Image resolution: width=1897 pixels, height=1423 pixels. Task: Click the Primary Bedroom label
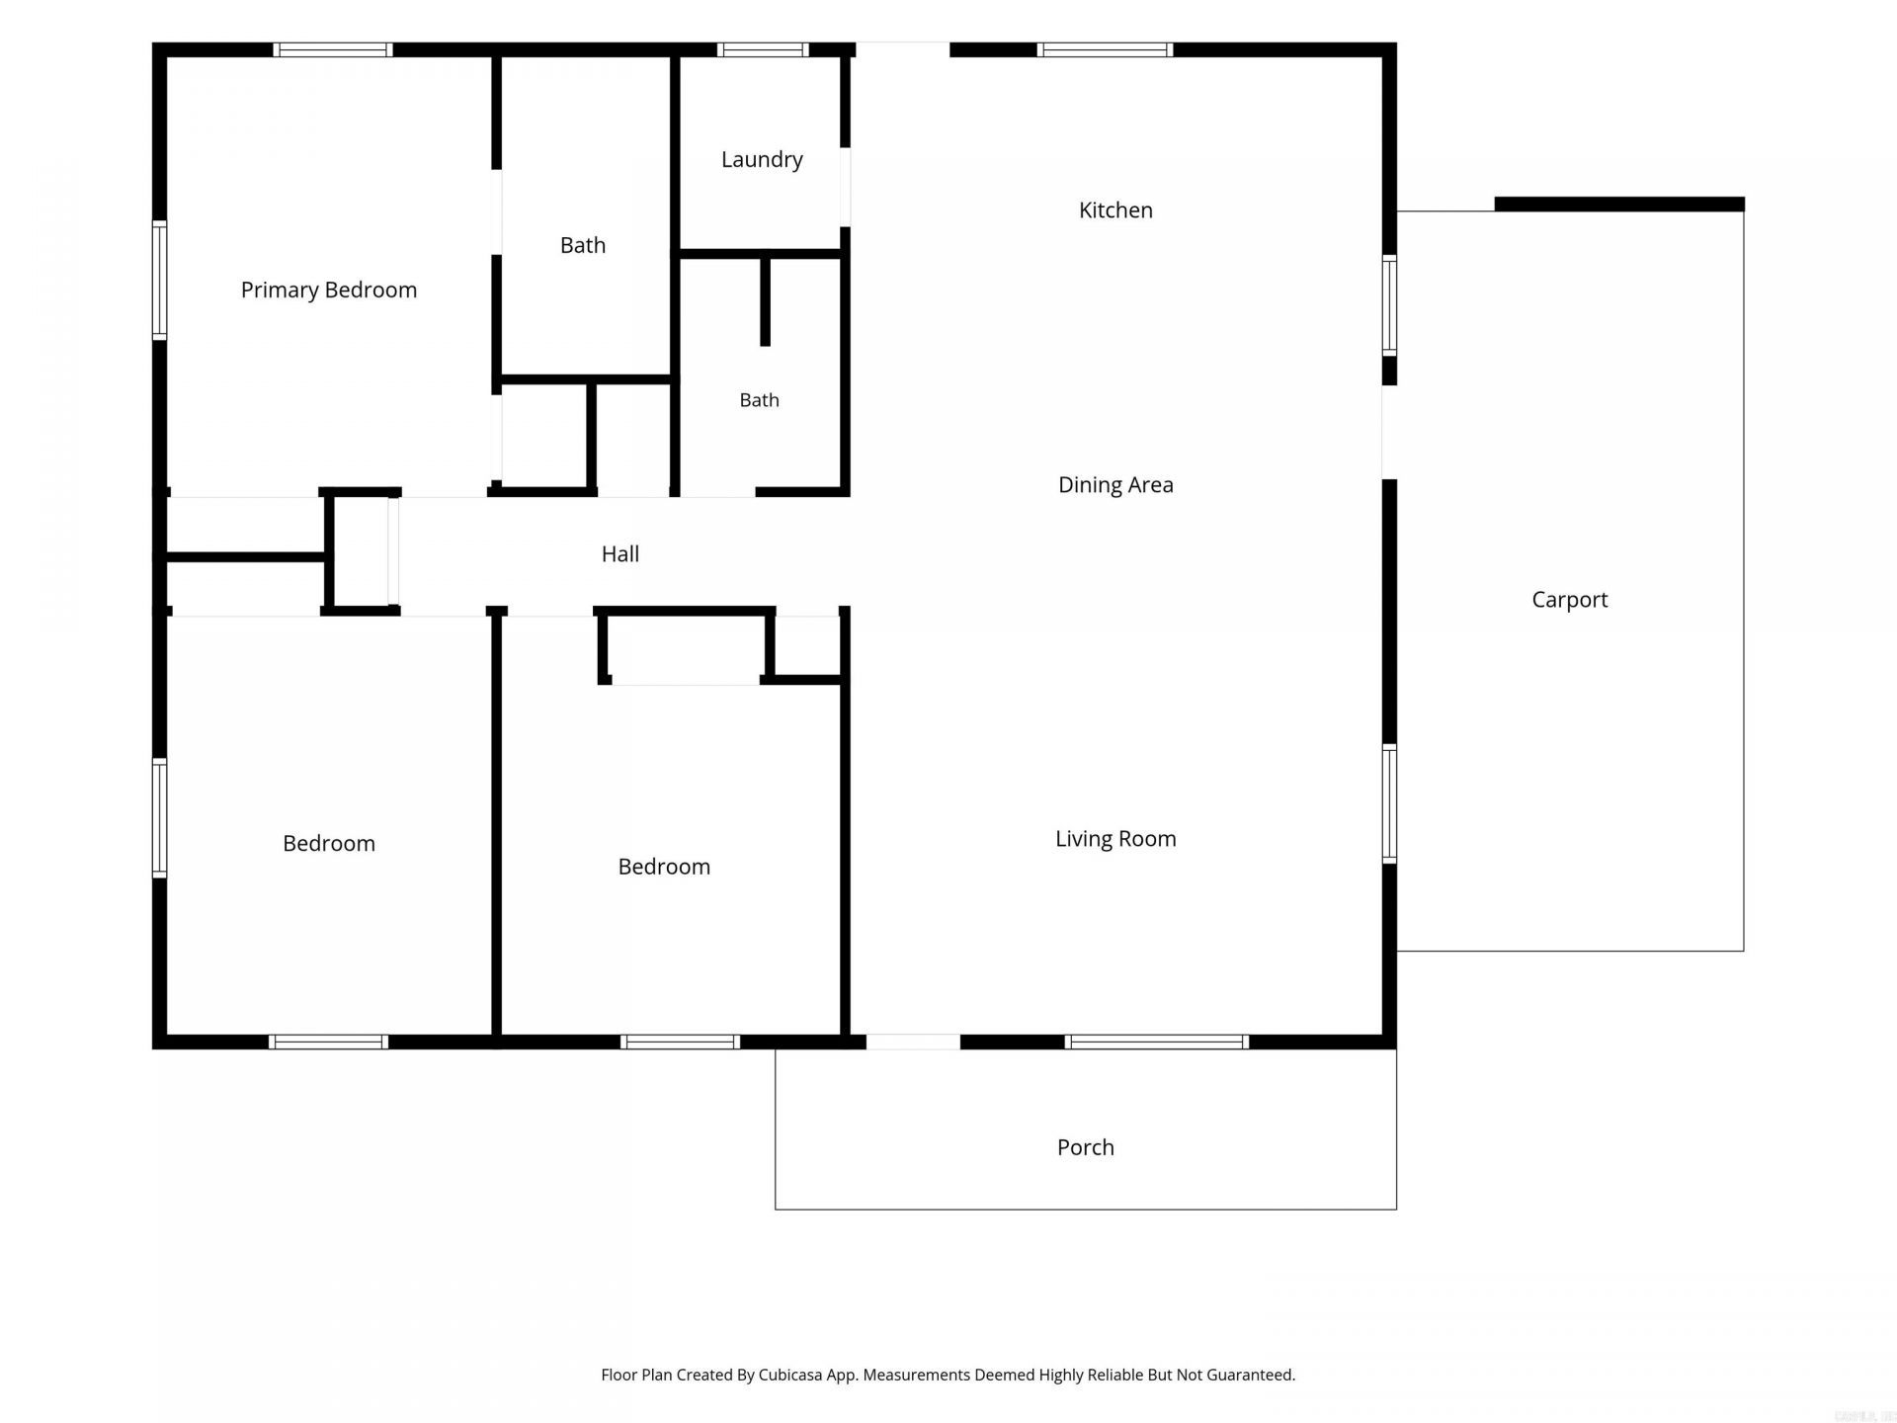coord(329,290)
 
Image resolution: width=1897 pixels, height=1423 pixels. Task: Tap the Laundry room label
coord(762,159)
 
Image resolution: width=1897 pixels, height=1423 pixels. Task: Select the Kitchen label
coord(1115,209)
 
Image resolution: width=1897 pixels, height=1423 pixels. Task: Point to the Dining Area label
coord(1115,484)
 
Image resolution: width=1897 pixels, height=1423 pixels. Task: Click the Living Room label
coord(1115,838)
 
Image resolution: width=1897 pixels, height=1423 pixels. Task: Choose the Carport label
coord(1569,599)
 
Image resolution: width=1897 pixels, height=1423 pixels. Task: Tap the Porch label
coord(1085,1146)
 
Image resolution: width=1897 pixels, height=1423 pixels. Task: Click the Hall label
coord(619,553)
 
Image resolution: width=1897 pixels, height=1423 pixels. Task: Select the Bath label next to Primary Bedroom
coord(583,245)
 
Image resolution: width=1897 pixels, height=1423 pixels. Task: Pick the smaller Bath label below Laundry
coord(759,399)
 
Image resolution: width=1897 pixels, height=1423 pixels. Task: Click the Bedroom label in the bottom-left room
coord(329,843)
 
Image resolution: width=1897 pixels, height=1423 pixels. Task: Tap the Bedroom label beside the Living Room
coord(664,866)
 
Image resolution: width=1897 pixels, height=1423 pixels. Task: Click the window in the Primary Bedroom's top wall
coord(333,49)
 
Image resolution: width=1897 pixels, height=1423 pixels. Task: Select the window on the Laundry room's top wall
coord(763,49)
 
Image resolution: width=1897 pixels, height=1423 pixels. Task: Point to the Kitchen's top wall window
coord(1105,49)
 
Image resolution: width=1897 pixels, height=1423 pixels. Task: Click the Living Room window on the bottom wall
coord(1157,1042)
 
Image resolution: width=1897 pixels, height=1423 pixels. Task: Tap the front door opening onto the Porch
coord(913,1042)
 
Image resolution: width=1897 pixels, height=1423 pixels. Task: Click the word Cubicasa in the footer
coord(795,1375)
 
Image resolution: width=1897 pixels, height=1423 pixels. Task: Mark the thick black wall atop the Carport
coord(1619,205)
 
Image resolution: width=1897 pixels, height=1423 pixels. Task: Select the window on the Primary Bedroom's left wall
coord(159,281)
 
